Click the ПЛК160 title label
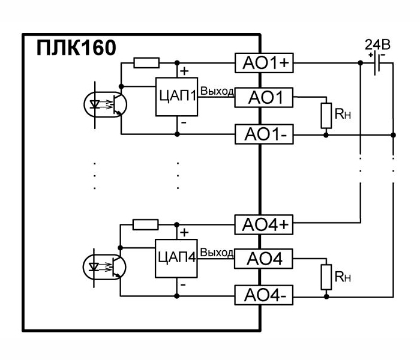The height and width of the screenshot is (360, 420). pos(76,48)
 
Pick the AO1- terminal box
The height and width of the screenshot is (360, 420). pos(263,135)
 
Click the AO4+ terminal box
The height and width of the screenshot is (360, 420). pos(263,225)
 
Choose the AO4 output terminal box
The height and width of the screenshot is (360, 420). pos(263,259)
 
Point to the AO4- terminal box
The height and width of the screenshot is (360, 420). pos(263,296)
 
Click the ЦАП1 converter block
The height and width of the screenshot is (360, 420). pos(176,97)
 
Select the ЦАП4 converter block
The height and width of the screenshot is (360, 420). pos(176,259)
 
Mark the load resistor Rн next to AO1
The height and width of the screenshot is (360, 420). pos(326,115)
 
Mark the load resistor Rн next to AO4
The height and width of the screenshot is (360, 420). pos(326,277)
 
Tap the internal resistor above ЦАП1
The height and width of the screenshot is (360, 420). pos(146,62)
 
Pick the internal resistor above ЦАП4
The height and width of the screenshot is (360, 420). pos(146,225)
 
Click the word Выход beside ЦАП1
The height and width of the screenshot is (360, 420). pos(217,91)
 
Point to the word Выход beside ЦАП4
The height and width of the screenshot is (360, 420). pos(217,253)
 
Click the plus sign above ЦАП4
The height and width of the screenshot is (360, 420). pos(184,232)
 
